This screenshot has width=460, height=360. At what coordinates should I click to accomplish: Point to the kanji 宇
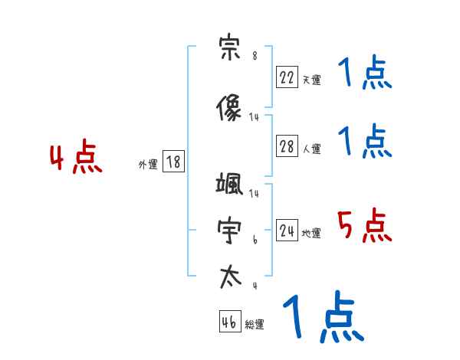229,231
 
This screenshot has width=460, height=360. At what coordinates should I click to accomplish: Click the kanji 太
229,276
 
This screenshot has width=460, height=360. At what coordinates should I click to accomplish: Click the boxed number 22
287,77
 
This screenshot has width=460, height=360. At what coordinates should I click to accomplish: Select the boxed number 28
287,147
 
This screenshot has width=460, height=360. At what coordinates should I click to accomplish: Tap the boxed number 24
287,231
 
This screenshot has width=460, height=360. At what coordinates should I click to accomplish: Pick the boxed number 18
173,162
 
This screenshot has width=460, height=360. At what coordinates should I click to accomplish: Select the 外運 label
148,164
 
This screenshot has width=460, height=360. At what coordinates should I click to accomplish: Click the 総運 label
255,325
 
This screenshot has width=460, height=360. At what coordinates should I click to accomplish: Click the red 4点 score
75,159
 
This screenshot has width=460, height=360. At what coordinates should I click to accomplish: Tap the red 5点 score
364,226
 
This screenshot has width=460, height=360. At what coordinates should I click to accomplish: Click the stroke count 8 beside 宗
255,56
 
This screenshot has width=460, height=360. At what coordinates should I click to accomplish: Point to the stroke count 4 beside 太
255,286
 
